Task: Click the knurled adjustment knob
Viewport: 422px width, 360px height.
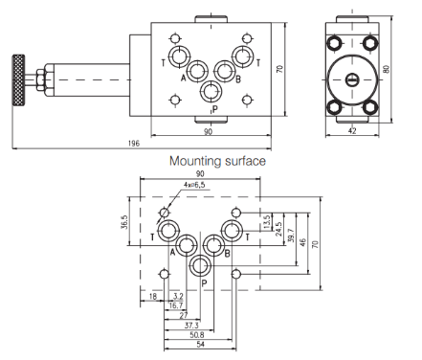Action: (18, 80)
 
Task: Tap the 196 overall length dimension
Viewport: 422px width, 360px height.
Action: (134, 144)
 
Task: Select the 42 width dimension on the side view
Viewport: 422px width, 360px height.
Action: (352, 131)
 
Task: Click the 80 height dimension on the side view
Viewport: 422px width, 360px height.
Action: (387, 69)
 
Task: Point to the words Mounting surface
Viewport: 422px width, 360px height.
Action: (217, 161)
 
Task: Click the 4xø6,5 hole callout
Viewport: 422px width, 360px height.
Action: (194, 185)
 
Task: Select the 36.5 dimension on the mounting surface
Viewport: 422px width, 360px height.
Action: (124, 222)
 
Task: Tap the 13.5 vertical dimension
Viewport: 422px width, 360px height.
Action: (267, 222)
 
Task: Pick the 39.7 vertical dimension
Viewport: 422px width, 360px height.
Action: (291, 236)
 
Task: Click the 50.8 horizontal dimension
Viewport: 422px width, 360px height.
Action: (197, 335)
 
